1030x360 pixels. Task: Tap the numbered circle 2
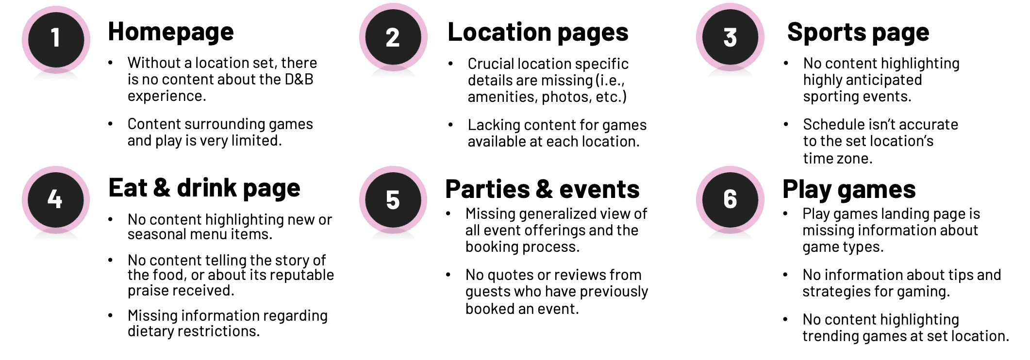click(393, 37)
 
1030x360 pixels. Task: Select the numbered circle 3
click(730, 37)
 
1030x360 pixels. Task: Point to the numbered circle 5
click(393, 199)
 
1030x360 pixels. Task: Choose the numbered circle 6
click(730, 199)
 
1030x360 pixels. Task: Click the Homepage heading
click(171, 32)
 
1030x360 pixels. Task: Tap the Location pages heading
click(538, 33)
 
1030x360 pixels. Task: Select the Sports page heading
click(858, 33)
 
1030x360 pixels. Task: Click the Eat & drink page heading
click(204, 188)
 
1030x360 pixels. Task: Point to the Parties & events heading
click(542, 189)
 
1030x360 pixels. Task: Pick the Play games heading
click(849, 189)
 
